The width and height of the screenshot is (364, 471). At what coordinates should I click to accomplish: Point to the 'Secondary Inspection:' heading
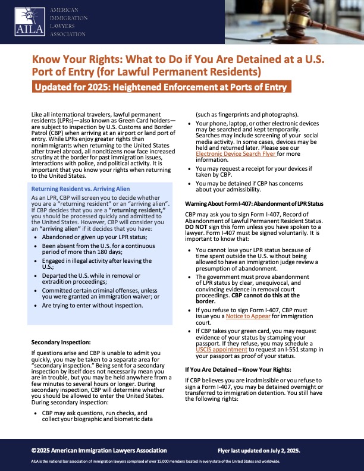click(61, 343)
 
